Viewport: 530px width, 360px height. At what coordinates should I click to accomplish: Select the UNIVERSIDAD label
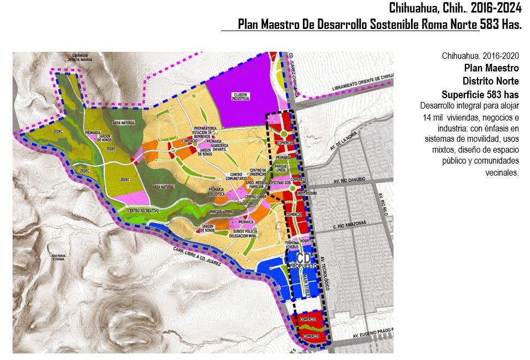click(306, 193)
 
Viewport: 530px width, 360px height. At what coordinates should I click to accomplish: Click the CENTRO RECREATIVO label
click(143, 210)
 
